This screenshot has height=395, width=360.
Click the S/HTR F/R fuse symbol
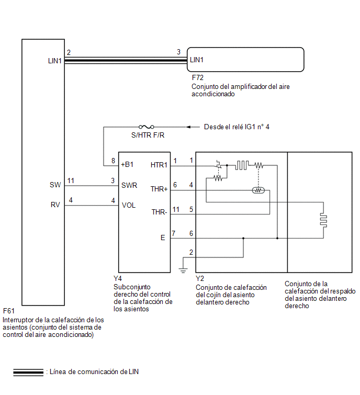click(147, 127)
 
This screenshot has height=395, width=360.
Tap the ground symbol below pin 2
click(183, 270)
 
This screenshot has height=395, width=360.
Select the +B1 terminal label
click(127, 164)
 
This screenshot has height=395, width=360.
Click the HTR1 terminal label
click(159, 165)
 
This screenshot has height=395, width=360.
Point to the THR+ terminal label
click(159, 189)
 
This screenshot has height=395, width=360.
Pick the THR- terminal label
click(159, 212)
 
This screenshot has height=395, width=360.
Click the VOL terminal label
click(129, 205)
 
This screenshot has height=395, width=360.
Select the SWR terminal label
click(129, 185)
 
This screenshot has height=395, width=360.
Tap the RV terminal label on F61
click(55, 205)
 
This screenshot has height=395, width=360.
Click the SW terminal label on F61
click(55, 185)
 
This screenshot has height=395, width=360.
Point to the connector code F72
click(197, 77)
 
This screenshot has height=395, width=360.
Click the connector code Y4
click(118, 278)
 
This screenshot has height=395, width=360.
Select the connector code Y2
click(200, 279)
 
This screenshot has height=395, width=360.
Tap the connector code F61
click(9, 311)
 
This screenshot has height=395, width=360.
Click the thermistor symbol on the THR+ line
click(258, 190)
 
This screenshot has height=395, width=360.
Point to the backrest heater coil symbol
click(324, 220)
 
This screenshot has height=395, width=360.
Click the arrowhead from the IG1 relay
click(188, 127)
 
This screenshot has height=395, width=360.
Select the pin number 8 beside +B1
click(114, 161)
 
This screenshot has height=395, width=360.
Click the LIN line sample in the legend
click(28, 373)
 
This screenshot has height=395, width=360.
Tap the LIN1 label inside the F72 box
click(197, 60)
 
